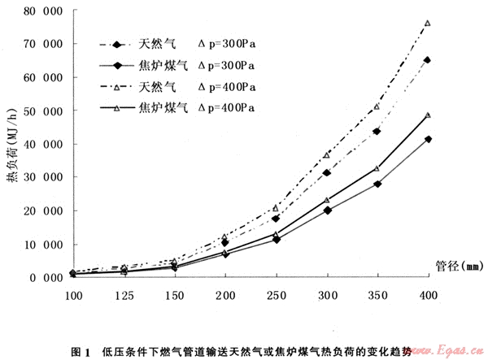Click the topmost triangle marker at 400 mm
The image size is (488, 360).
pos(428,24)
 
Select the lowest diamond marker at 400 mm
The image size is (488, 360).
pos(428,140)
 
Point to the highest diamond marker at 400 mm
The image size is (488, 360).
pos(428,60)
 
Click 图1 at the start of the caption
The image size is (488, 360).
pos(81,351)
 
